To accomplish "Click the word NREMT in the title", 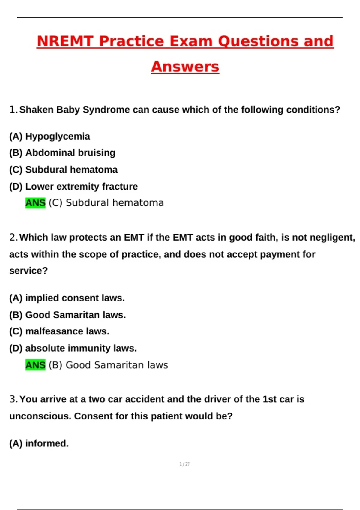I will [x=65, y=41].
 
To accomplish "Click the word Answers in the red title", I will [x=185, y=67].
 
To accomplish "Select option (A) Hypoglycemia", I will [x=49, y=136].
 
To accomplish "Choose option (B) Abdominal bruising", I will [x=62, y=153].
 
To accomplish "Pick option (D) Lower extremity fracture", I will [x=73, y=187].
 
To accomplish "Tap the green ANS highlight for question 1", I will [x=35, y=203].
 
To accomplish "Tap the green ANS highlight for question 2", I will [x=35, y=365].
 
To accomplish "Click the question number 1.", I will [x=13, y=110].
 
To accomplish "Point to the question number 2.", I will [x=13, y=238].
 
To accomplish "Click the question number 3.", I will [x=13, y=399].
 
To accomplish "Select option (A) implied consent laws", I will [x=67, y=298].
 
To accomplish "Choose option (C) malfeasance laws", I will [x=59, y=331].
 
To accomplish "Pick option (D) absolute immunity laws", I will [x=73, y=348].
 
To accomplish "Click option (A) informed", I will [x=39, y=443].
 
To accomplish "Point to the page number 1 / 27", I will [x=184, y=464].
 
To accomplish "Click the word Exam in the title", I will [x=191, y=41].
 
